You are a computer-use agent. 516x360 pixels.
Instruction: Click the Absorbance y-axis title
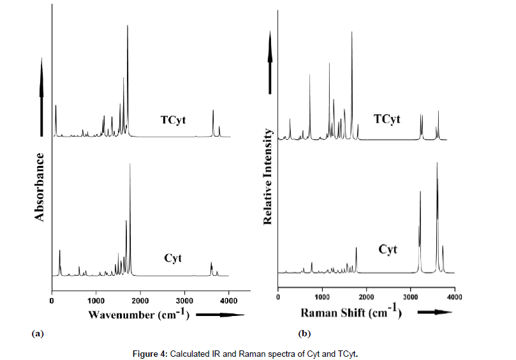point(40,187)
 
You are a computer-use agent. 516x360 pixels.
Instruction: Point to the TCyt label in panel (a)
point(173,120)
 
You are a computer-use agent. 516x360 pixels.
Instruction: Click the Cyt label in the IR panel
point(173,259)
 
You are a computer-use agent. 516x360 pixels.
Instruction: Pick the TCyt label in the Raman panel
point(387,120)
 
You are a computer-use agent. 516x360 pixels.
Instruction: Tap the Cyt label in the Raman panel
point(388,250)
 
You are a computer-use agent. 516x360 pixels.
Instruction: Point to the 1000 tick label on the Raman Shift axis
point(322,297)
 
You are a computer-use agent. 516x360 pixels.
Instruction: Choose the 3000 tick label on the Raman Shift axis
point(410,297)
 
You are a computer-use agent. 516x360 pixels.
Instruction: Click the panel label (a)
point(38,333)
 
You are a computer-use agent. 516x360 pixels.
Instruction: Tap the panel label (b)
point(304,333)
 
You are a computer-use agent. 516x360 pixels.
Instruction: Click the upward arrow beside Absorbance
point(42,96)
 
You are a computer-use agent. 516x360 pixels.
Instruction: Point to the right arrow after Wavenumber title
point(221,314)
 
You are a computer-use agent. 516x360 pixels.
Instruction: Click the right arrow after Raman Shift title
point(431,313)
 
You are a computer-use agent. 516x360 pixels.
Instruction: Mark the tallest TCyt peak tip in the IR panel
point(128,26)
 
